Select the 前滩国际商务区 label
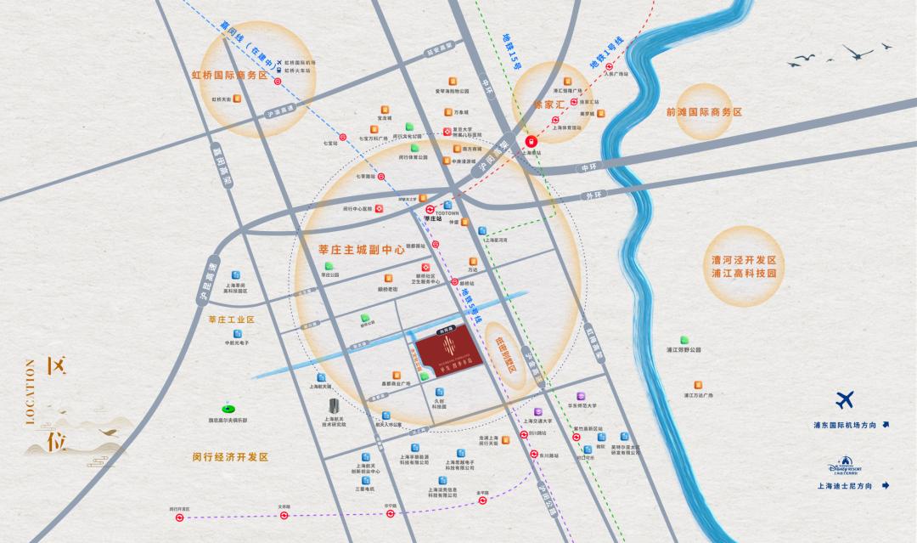(x=704, y=112)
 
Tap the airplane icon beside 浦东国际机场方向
(x=845, y=400)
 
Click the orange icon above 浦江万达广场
(x=699, y=383)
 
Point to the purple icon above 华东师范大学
(x=582, y=395)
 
